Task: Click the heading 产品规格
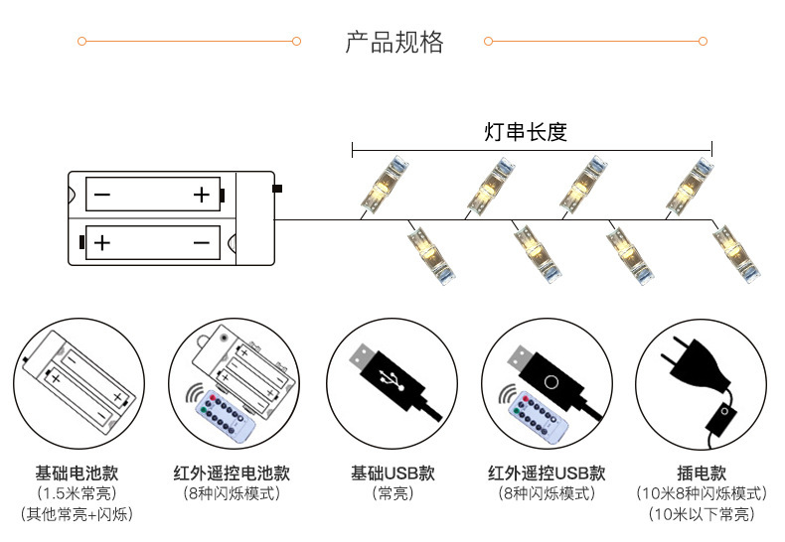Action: pyautogui.click(x=393, y=42)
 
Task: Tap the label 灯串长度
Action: pyautogui.click(x=526, y=132)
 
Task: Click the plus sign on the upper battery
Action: pyautogui.click(x=202, y=195)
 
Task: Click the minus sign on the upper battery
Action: pyautogui.click(x=100, y=195)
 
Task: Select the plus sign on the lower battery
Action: pyautogui.click(x=101, y=242)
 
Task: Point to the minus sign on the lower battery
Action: pyautogui.click(x=202, y=242)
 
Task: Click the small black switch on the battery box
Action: pyautogui.click(x=276, y=188)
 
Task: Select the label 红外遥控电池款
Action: pyautogui.click(x=232, y=474)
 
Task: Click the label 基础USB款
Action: pyautogui.click(x=392, y=474)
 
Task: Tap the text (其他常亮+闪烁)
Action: pyautogui.click(x=76, y=514)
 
